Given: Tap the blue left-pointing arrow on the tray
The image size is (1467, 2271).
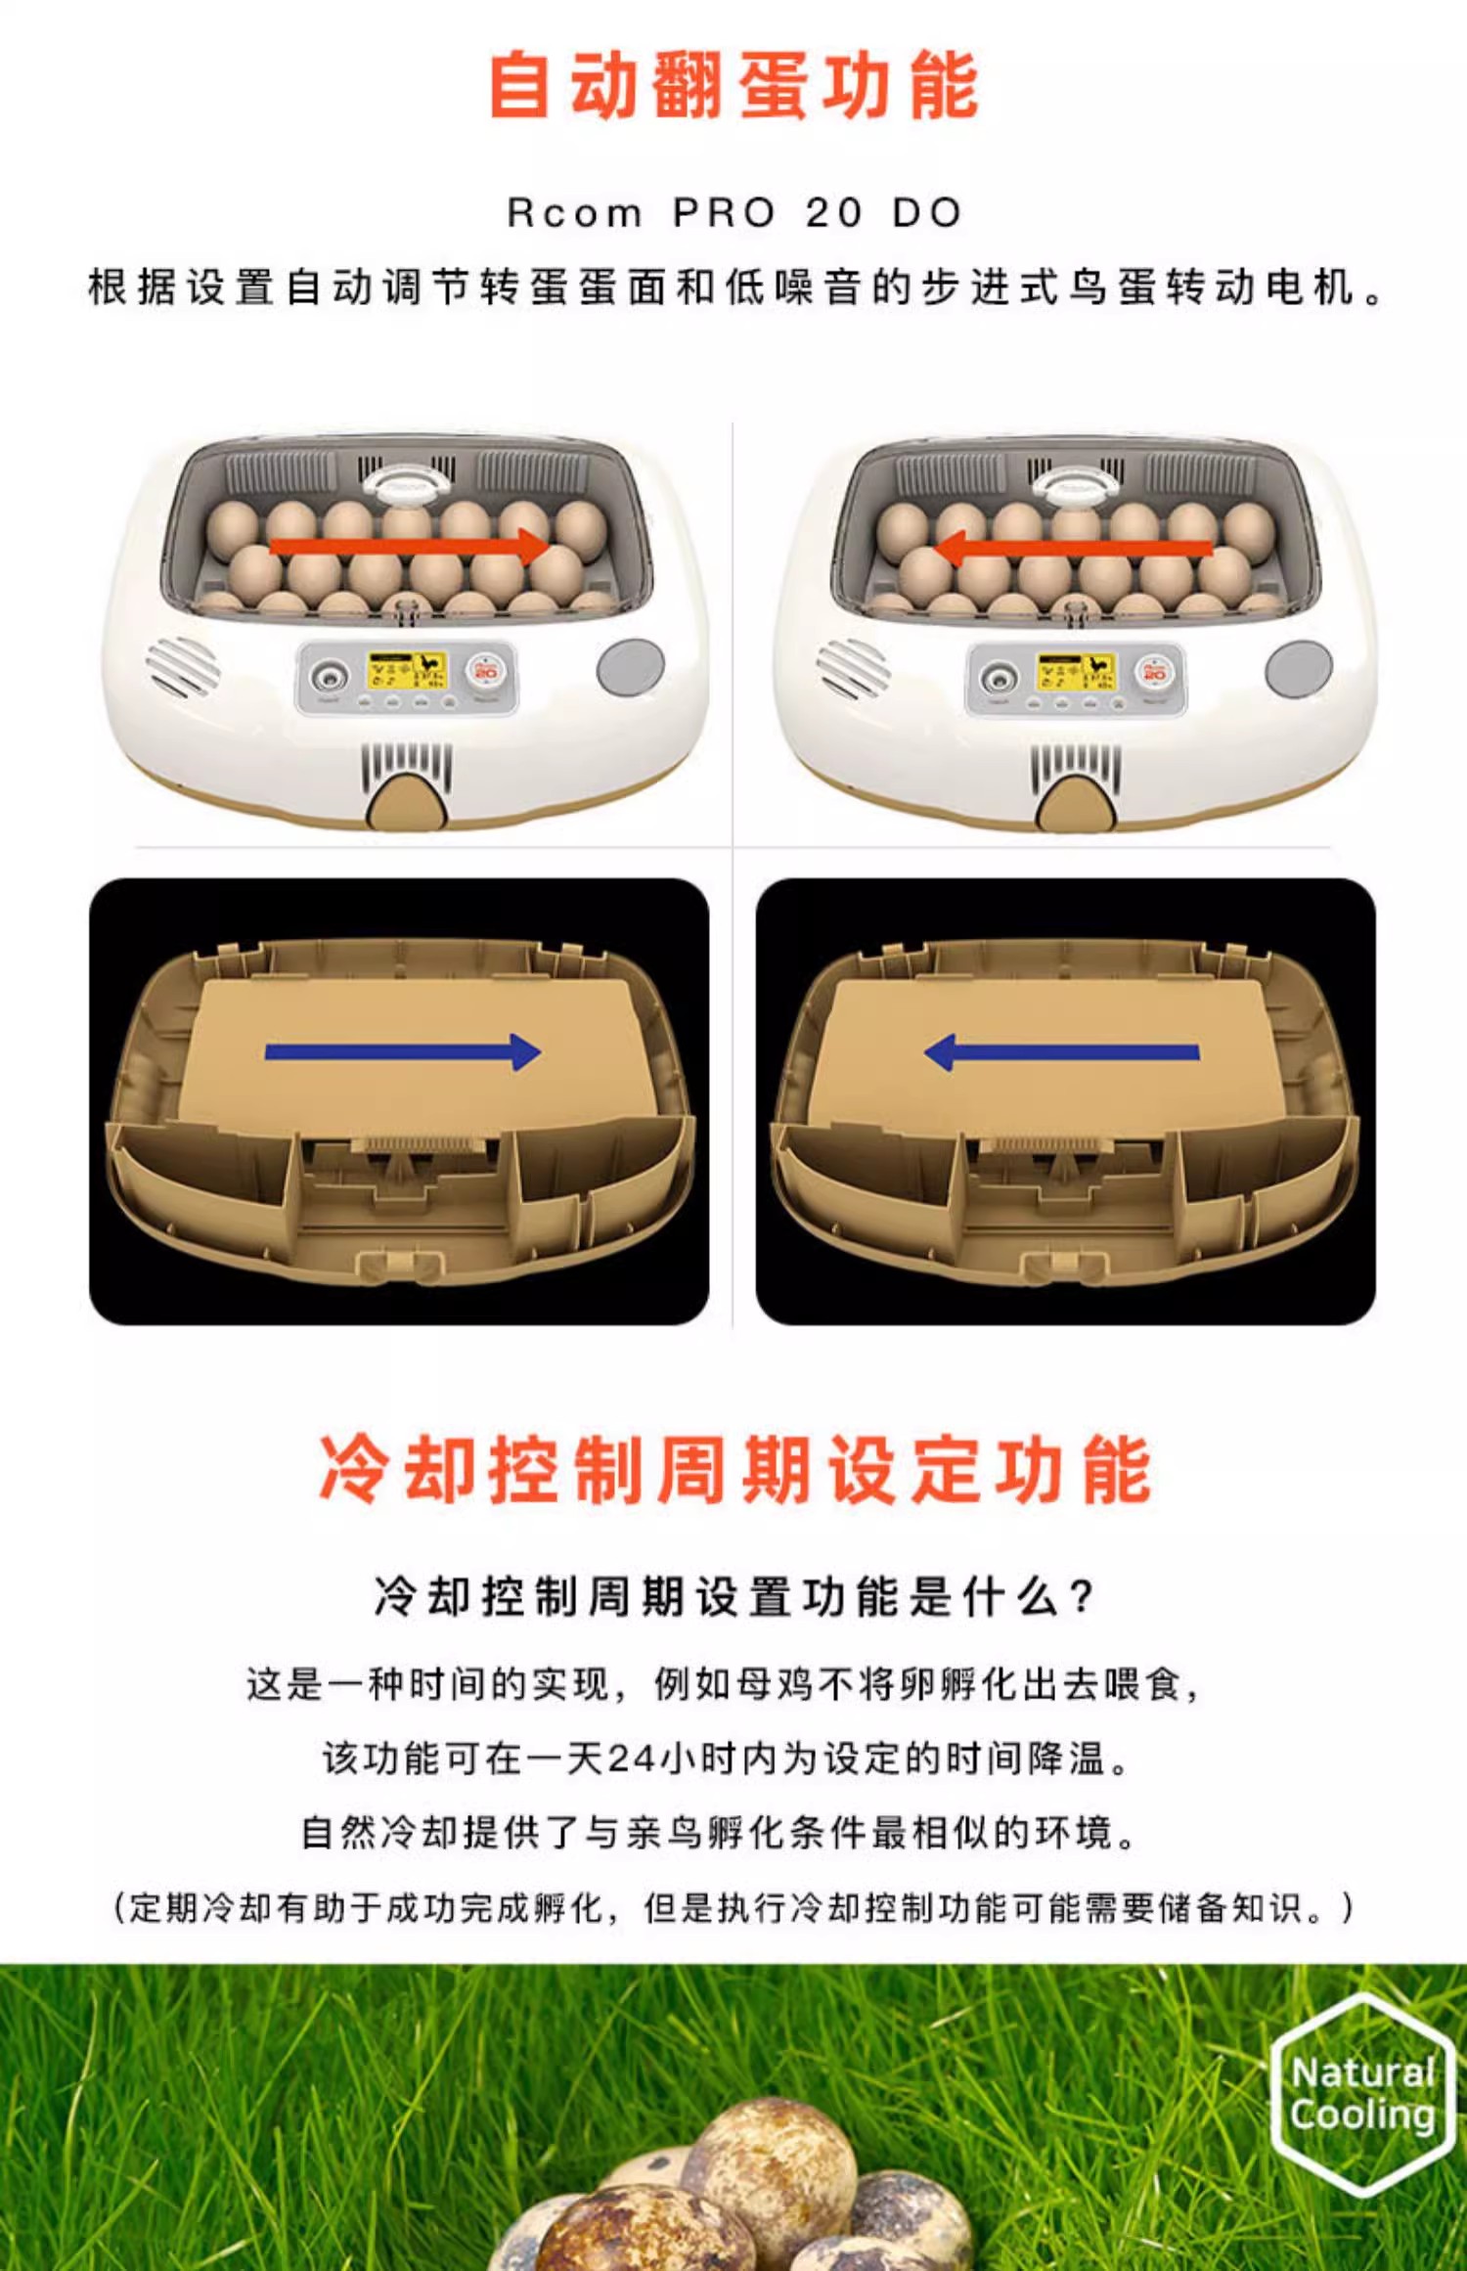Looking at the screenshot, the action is click(x=1062, y=1052).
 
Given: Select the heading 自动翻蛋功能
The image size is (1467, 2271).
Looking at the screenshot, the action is click(x=733, y=86).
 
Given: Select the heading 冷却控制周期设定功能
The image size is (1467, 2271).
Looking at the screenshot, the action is click(x=734, y=1469).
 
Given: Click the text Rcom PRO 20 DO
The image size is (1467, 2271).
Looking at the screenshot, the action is click(x=734, y=212).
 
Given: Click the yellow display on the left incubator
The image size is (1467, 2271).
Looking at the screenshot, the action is click(x=406, y=671).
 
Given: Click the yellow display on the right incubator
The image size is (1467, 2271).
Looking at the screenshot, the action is click(x=1076, y=672).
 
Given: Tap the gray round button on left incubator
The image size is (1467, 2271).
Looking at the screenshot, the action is click(x=631, y=668).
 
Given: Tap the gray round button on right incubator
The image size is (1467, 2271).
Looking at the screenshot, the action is click(x=1299, y=669).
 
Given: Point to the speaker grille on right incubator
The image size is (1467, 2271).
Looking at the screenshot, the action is click(x=853, y=668).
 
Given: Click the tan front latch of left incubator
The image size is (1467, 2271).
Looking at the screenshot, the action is click(x=407, y=801).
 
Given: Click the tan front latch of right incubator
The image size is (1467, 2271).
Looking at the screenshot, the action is click(x=1076, y=803).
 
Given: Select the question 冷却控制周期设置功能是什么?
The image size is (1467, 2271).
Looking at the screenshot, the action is click(x=733, y=1596).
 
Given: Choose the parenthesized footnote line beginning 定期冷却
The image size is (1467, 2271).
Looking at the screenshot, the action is click(x=733, y=1906).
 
